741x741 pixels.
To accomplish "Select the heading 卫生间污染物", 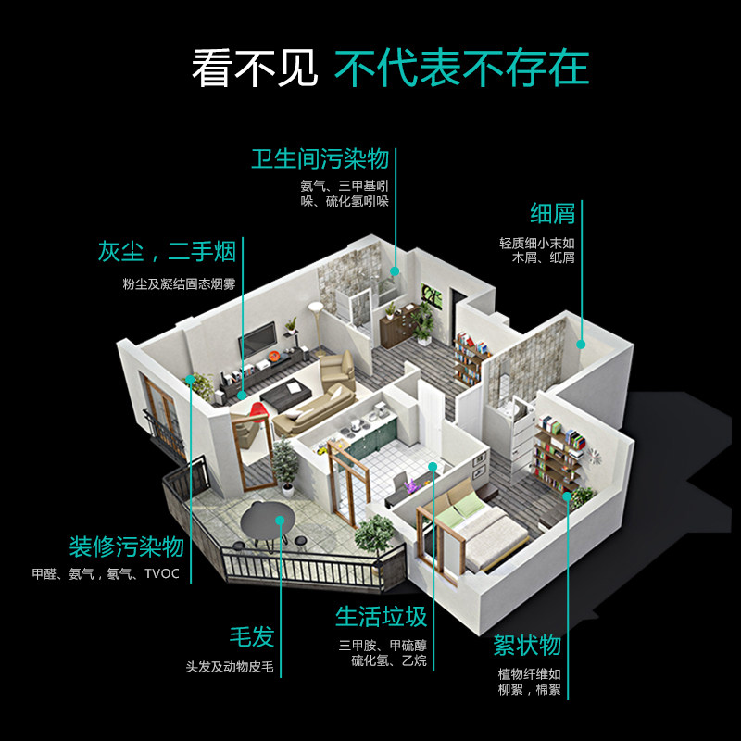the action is pyautogui.click(x=320, y=158).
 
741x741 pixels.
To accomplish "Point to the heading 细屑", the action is pyautogui.click(x=553, y=214).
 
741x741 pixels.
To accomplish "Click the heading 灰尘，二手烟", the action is pyautogui.click(x=167, y=251).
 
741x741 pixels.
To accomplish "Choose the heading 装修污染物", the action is pyautogui.click(x=126, y=546).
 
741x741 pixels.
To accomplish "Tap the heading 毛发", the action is pyautogui.click(x=252, y=637).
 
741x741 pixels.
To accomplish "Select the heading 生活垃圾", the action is pyautogui.click(x=381, y=616).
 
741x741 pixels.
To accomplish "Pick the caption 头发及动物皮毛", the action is pyautogui.click(x=230, y=667).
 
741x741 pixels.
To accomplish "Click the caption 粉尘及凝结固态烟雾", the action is pyautogui.click(x=179, y=283).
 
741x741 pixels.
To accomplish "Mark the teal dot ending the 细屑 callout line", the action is pyautogui.click(x=582, y=344).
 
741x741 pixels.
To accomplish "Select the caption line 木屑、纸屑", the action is pyautogui.click(x=544, y=258).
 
